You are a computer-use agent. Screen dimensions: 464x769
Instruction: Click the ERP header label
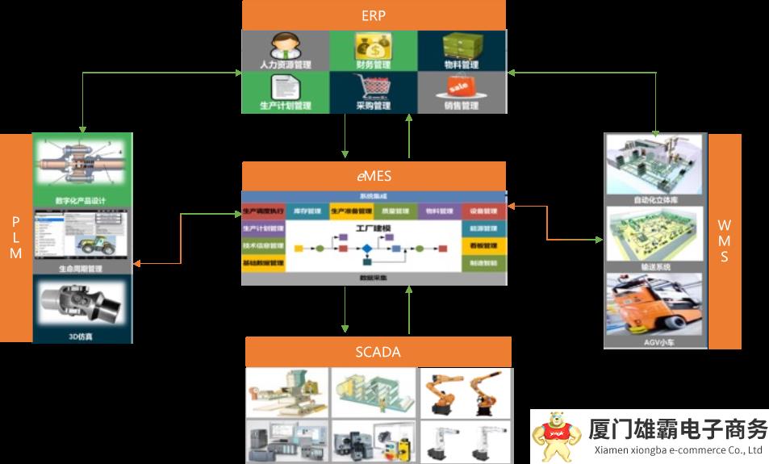pos(374,15)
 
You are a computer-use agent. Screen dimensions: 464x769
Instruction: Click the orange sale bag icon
pos(460,86)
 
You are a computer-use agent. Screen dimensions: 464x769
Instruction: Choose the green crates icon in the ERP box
pos(461,44)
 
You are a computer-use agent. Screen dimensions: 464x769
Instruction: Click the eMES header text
pos(374,176)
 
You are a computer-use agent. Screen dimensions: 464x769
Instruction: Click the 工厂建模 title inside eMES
pos(373,229)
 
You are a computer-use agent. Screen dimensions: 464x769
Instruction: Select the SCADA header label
pos(378,352)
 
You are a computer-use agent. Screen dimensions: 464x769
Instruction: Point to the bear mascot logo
pos(554,437)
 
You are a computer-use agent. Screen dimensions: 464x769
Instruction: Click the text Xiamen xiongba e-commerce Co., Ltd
pos(678,450)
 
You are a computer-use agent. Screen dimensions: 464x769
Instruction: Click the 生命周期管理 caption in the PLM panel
pos(81,269)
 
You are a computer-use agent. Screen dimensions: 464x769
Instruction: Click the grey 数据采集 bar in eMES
pos(373,278)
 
